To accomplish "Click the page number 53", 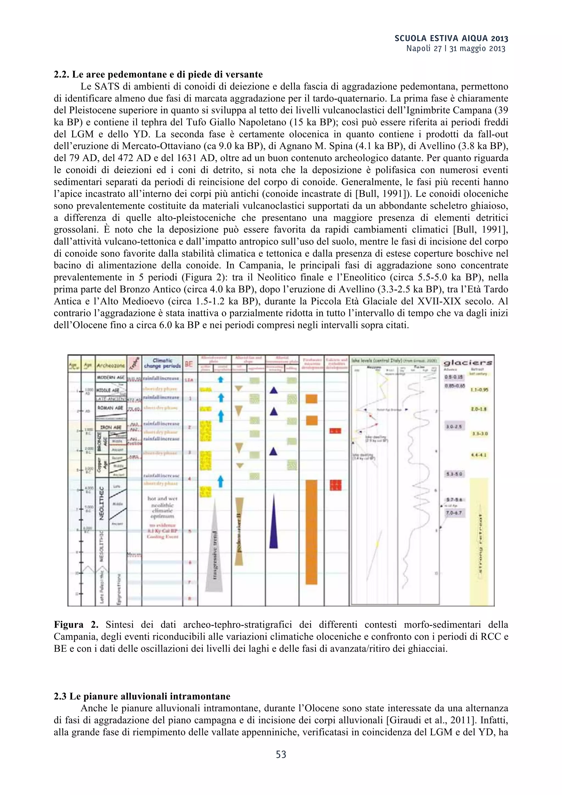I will click(x=281, y=754).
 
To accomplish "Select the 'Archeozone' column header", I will click(x=111, y=365).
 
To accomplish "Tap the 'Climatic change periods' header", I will click(x=162, y=363).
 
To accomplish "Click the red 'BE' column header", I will click(x=189, y=364).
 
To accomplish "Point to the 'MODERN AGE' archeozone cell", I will click(x=111, y=377).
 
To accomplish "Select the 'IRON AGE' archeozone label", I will click(x=111, y=428).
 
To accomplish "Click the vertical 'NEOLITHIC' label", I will click(x=102, y=503).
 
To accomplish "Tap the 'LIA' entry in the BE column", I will click(x=189, y=380).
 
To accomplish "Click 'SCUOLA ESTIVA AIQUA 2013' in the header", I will click(x=451, y=38).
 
